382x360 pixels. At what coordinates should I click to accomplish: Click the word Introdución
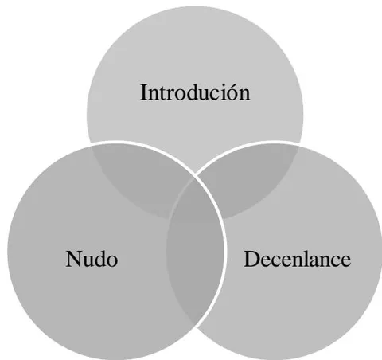click(x=195, y=92)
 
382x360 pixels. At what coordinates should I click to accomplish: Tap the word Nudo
click(x=92, y=259)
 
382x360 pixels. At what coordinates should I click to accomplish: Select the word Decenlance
click(x=297, y=259)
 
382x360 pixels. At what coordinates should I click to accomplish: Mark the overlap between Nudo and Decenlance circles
click(x=195, y=251)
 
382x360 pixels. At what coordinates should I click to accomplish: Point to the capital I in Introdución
click(x=143, y=92)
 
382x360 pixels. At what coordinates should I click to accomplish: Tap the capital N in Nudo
click(x=74, y=259)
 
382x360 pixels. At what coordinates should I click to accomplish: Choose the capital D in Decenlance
click(x=251, y=259)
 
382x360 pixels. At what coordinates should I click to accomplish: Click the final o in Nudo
click(x=112, y=261)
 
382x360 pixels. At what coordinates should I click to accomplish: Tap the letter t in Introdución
click(x=162, y=95)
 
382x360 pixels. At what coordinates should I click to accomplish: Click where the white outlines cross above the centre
click(x=195, y=174)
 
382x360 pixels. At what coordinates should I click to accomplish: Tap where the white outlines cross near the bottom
click(x=197, y=326)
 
